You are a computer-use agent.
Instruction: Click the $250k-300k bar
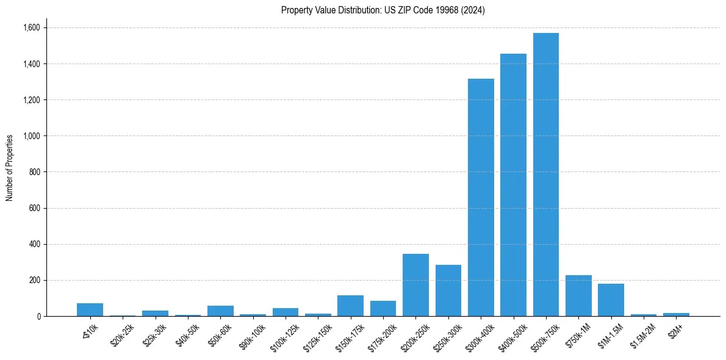(x=448, y=290)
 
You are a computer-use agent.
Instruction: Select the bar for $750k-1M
(x=578, y=296)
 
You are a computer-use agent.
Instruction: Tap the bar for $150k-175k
(x=350, y=306)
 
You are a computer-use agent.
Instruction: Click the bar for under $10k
(x=90, y=309)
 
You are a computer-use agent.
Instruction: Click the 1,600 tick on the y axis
(x=32, y=27)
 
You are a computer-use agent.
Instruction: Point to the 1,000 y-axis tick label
(x=32, y=136)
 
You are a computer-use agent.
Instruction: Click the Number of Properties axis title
(x=10, y=168)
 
